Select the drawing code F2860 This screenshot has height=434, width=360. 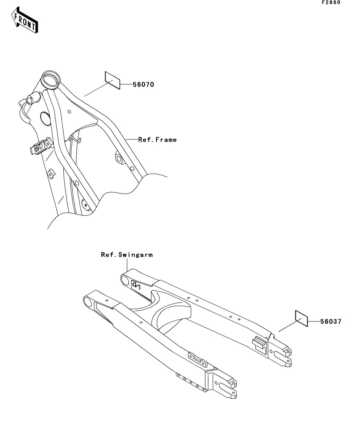[330, 2]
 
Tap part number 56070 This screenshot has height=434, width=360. [132, 85]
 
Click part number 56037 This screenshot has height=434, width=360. [330, 321]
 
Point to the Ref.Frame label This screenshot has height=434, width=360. [157, 139]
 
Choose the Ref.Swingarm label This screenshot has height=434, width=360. [126, 255]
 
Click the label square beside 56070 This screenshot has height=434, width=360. [112, 78]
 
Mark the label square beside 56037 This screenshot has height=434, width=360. [301, 317]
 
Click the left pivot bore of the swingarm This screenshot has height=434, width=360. [87, 302]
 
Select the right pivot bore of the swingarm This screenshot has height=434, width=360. [125, 280]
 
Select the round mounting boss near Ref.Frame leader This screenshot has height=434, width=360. [119, 159]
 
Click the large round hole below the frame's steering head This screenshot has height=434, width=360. [46, 118]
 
